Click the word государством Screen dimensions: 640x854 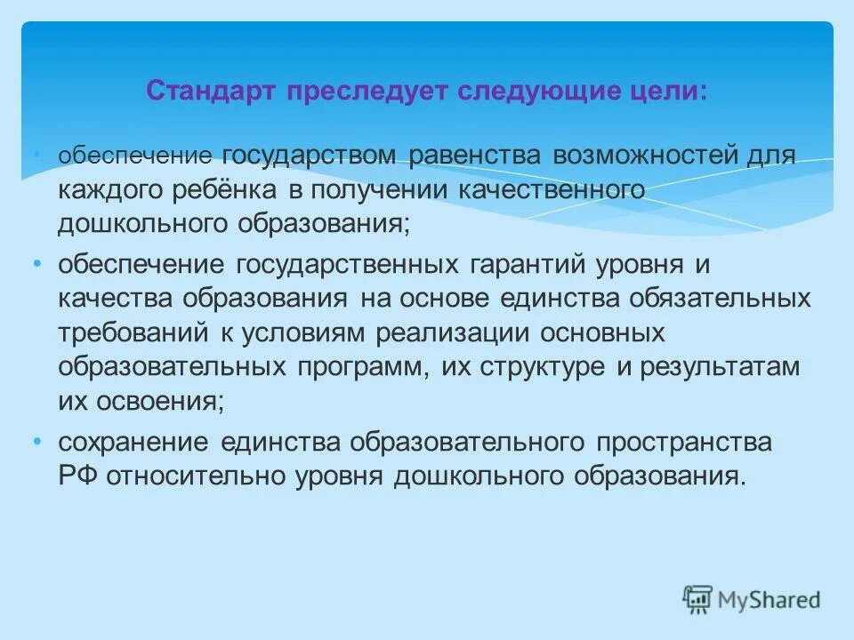point(310,157)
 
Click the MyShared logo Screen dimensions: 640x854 point(752,598)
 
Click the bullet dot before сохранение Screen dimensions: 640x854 point(36,441)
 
